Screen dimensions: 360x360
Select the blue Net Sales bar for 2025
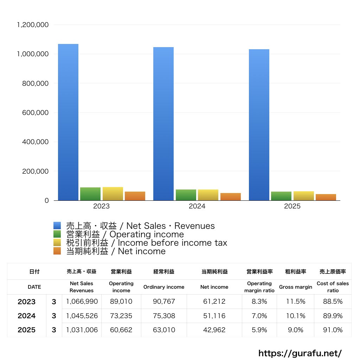[x=259, y=125]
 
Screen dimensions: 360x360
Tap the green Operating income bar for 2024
[x=186, y=195]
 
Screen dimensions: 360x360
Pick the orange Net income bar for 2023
[x=135, y=196]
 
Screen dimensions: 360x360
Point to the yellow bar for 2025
[x=304, y=196]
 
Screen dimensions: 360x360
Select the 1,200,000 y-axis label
[x=33, y=25]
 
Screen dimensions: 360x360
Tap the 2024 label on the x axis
[x=197, y=206]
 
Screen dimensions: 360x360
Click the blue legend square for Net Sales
[x=57, y=226]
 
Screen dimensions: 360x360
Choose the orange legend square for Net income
[x=57, y=251]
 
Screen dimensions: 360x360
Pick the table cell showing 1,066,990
[x=82, y=302]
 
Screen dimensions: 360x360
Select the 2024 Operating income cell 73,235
[x=121, y=316]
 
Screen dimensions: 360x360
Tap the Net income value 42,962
[x=214, y=330]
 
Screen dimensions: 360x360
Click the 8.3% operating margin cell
[x=259, y=302]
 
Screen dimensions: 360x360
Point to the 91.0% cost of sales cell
[x=333, y=330]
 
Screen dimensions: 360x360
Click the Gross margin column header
[x=295, y=287]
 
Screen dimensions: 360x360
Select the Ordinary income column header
[x=163, y=287]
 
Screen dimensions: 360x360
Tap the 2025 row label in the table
[x=27, y=330]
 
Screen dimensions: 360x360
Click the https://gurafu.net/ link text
[x=300, y=353]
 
